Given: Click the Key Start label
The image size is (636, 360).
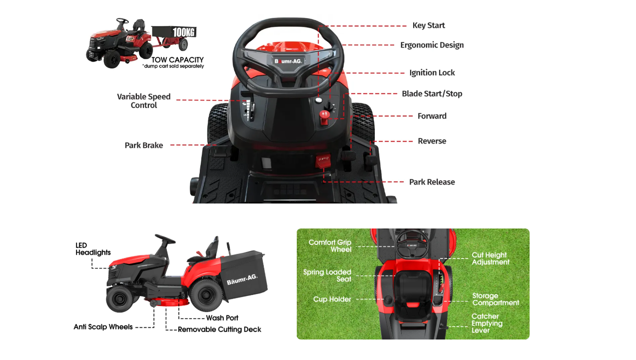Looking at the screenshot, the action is pyautogui.click(x=429, y=25).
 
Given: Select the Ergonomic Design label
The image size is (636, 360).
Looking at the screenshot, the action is pyautogui.click(x=432, y=45).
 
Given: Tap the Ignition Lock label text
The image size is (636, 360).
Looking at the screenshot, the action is pyautogui.click(x=432, y=72).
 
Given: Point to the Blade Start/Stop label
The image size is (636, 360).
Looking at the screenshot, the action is pyautogui.click(x=432, y=94).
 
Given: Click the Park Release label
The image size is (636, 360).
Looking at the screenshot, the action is pyautogui.click(x=432, y=182).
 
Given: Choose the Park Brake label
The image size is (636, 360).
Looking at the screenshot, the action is pyautogui.click(x=144, y=145).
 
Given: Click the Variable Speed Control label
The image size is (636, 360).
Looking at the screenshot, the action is pyautogui.click(x=144, y=101).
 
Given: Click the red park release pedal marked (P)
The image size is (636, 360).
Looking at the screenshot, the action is pyautogui.click(x=323, y=161).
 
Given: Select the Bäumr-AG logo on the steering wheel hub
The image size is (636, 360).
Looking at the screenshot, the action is pyautogui.click(x=288, y=61).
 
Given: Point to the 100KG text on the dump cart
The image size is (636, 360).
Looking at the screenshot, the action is pyautogui.click(x=184, y=32).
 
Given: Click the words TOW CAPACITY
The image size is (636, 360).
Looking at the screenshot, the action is pyautogui.click(x=177, y=60).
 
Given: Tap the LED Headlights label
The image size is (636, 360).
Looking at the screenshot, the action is pyautogui.click(x=93, y=249).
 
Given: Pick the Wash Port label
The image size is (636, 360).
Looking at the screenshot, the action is pyautogui.click(x=222, y=318).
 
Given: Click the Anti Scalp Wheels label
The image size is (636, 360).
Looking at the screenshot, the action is pyautogui.click(x=103, y=327).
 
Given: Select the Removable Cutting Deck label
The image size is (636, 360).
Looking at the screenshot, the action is pyautogui.click(x=219, y=329).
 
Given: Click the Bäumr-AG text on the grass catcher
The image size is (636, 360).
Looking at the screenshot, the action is pyautogui.click(x=242, y=279).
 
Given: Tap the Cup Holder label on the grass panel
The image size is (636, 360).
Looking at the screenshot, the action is pyautogui.click(x=332, y=299).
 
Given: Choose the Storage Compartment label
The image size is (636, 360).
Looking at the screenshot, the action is pyautogui.click(x=496, y=299).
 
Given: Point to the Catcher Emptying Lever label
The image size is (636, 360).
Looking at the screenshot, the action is pyautogui.click(x=487, y=323).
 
